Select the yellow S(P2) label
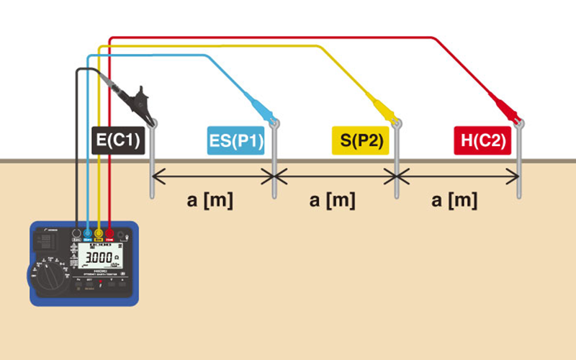361,140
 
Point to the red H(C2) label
482,140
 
